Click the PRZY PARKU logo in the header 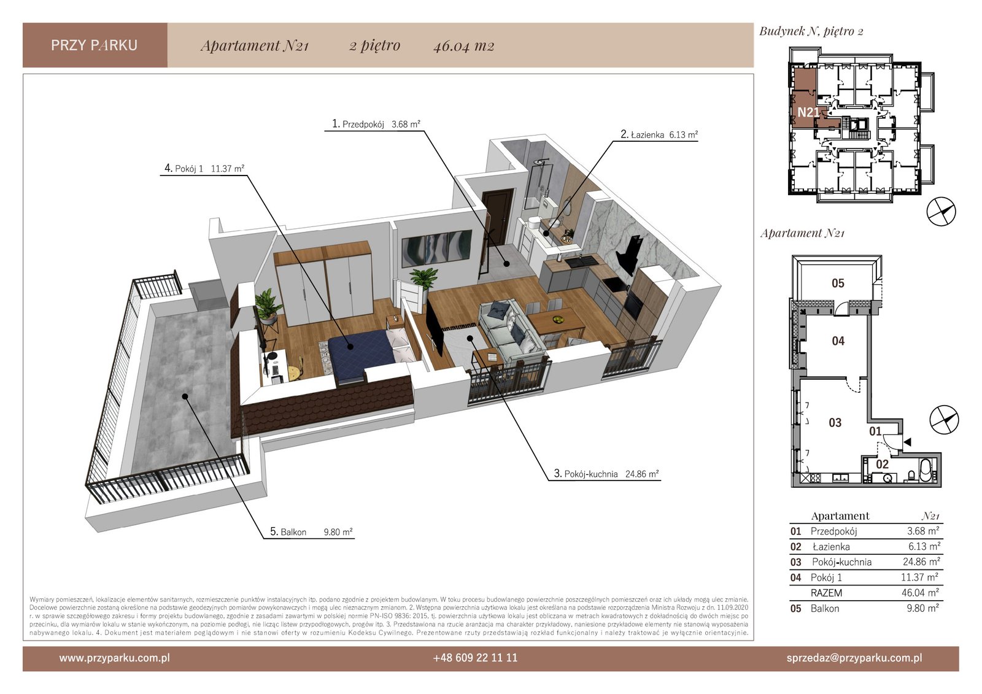click(95, 45)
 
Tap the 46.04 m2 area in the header click(464, 46)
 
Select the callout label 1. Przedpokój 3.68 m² click(376, 124)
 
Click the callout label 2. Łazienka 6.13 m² click(659, 134)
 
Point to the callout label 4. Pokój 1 click(204, 168)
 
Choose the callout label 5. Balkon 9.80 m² click(311, 532)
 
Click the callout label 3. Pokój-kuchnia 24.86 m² click(606, 474)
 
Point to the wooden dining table click(556, 322)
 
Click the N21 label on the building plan click(808, 113)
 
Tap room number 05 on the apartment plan click(838, 283)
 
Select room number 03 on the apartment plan click(835, 423)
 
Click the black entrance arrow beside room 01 click(907, 442)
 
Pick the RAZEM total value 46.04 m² click(920, 593)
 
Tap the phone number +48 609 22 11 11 click(475, 658)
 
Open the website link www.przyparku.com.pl click(114, 658)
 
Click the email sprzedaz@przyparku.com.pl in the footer click(854, 658)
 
